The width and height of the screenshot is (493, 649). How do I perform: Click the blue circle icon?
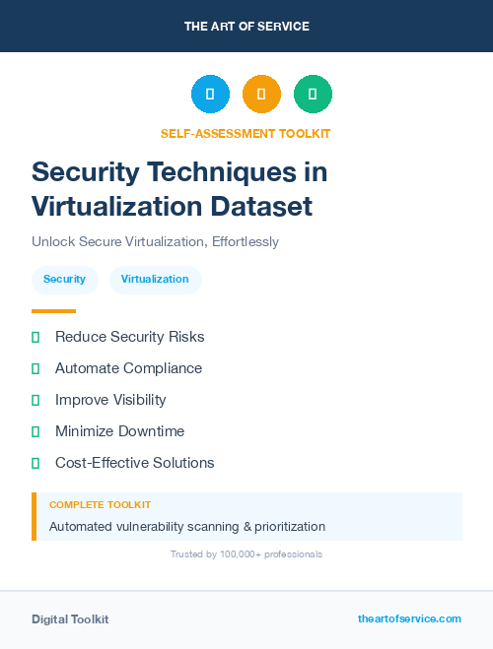[x=210, y=95]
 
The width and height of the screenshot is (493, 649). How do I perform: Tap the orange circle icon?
[x=261, y=95]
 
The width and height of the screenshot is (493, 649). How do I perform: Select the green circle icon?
[x=313, y=95]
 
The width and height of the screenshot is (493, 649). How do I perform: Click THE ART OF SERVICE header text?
[x=246, y=27]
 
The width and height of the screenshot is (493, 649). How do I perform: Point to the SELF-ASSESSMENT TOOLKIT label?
[x=246, y=133]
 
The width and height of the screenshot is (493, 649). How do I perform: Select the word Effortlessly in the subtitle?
[x=246, y=241]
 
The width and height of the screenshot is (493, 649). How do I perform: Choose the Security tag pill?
[x=64, y=280]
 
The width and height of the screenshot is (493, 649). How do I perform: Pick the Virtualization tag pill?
[x=155, y=280]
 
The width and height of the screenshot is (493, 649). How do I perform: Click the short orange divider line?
[x=53, y=310]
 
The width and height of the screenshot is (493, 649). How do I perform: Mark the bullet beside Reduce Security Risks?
[x=35, y=337]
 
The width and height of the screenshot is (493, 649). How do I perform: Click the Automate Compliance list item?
[x=128, y=368]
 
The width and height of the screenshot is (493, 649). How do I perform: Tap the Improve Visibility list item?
[x=110, y=400]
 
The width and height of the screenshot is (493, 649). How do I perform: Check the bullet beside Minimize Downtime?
[x=35, y=431]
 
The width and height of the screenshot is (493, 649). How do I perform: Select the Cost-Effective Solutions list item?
[x=134, y=463]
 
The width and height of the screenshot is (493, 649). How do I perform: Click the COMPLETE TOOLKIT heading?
[x=100, y=504]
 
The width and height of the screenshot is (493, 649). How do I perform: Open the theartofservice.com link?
[x=409, y=618]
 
